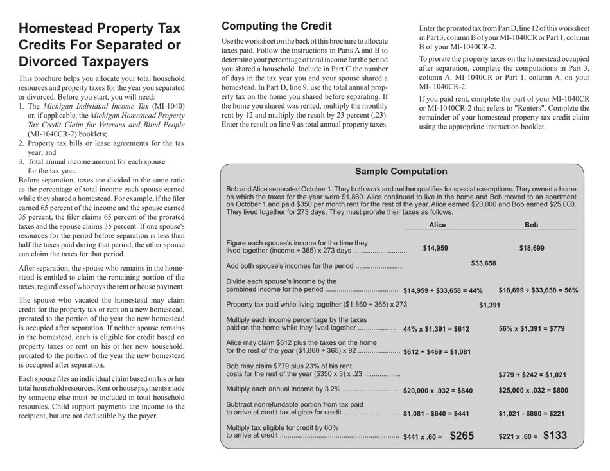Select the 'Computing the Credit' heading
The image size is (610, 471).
tap(276, 26)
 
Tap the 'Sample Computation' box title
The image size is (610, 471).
tap(401, 172)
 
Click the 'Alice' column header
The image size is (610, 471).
tap(437, 225)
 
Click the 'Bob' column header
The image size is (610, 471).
tap(531, 225)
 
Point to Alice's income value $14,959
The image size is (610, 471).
tap(435, 248)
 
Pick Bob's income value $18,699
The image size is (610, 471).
tap(531, 248)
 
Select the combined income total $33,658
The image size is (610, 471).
tap(484, 263)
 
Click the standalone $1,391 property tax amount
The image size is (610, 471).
tap(489, 305)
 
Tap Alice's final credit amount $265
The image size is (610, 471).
tap(462, 436)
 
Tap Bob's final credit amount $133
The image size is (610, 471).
tap(555, 436)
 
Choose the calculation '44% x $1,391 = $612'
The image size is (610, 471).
tap(435, 329)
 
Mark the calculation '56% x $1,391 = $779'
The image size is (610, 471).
tap(531, 328)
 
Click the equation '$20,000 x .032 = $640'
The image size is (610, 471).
tap(437, 391)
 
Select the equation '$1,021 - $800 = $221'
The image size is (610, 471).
tap(531, 414)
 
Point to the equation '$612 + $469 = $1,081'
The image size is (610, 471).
tap(437, 352)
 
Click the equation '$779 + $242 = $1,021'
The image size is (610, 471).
tap(532, 375)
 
